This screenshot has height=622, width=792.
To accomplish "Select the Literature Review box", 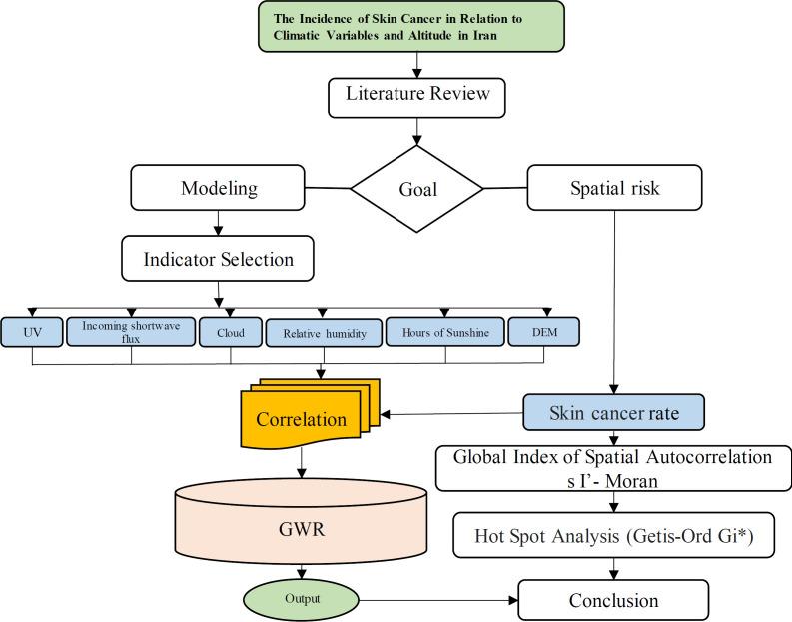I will [x=417, y=96].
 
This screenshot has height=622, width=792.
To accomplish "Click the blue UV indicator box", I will [x=34, y=331].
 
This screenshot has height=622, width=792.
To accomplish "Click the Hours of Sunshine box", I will [x=445, y=332].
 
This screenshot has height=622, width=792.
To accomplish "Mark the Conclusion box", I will [x=613, y=600].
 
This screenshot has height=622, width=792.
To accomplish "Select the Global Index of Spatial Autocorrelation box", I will [x=612, y=467].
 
